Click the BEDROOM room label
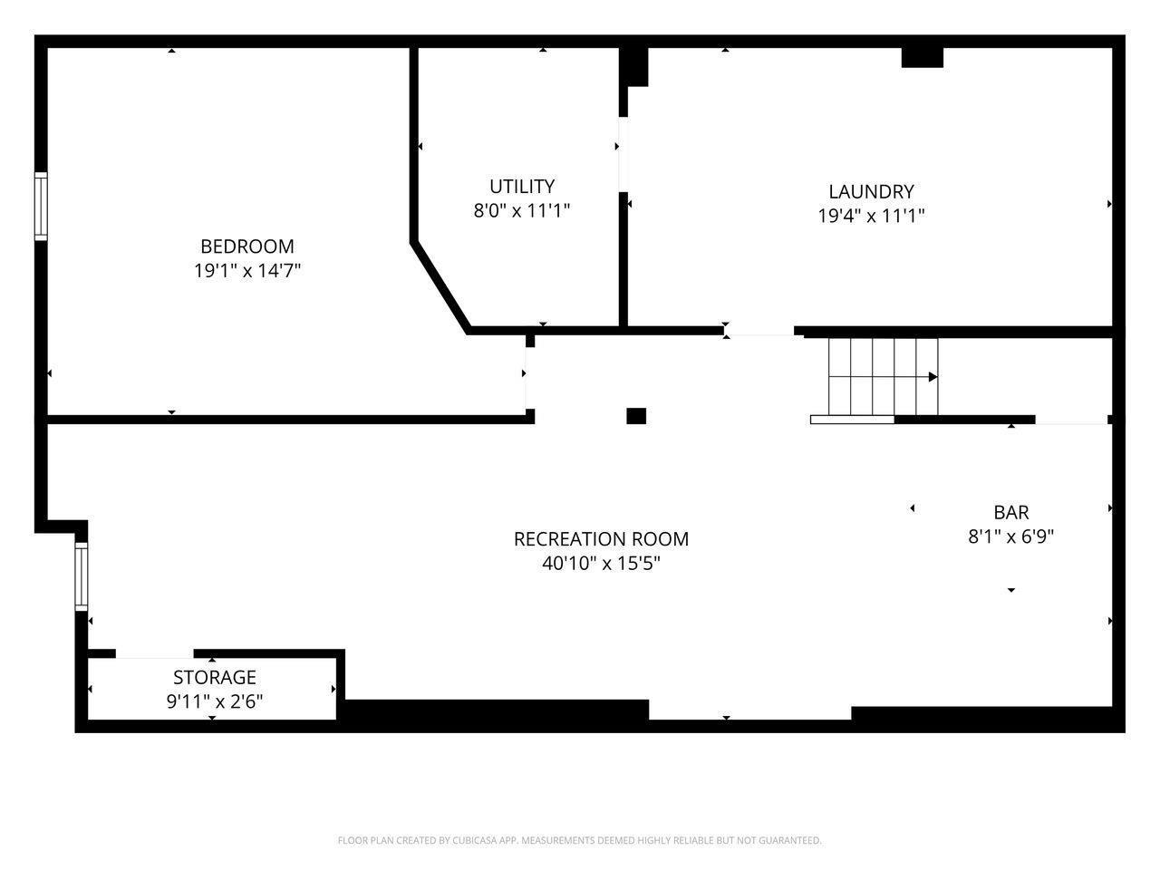(246, 246)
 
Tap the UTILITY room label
(522, 187)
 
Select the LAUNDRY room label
(871, 191)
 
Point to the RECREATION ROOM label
(601, 539)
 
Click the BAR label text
(1011, 512)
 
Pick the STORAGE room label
(215, 677)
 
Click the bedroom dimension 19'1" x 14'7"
(246, 270)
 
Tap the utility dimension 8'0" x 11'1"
(522, 210)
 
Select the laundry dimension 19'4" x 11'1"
(871, 216)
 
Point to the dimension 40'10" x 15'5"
(601, 563)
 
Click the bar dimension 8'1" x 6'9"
(1011, 536)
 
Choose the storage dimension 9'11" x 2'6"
(215, 701)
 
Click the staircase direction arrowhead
(933, 377)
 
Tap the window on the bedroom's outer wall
(41, 206)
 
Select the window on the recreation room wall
(81, 576)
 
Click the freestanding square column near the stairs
(636, 416)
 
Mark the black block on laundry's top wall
(922, 58)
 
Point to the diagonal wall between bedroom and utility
(440, 288)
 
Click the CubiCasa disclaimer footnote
(579, 840)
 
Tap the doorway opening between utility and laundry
(623, 154)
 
